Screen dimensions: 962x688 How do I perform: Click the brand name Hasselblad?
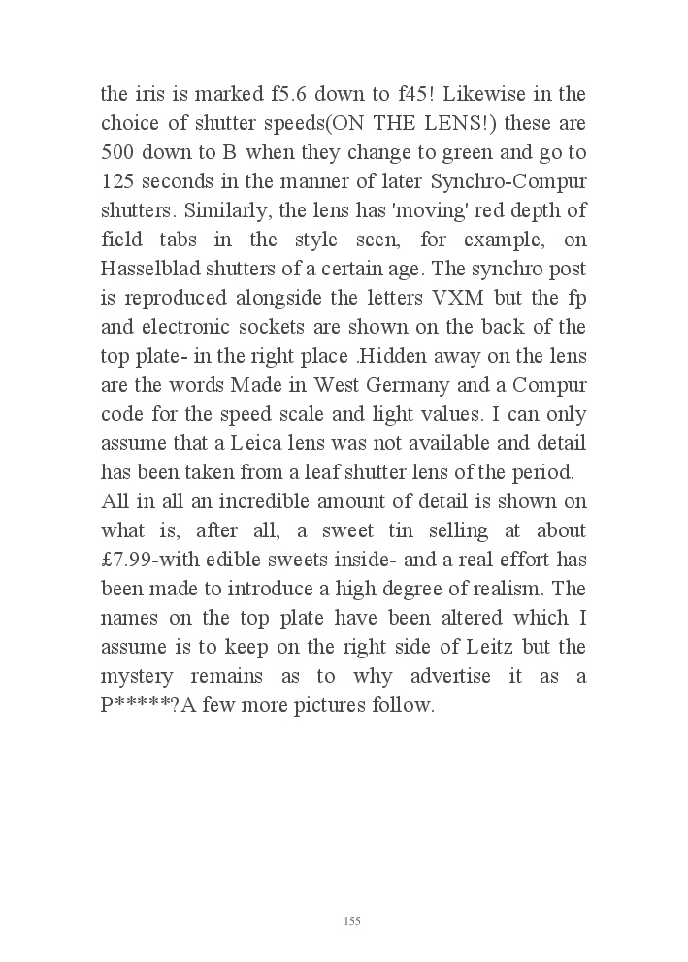coord(155,270)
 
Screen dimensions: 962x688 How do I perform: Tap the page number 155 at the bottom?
coord(352,921)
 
